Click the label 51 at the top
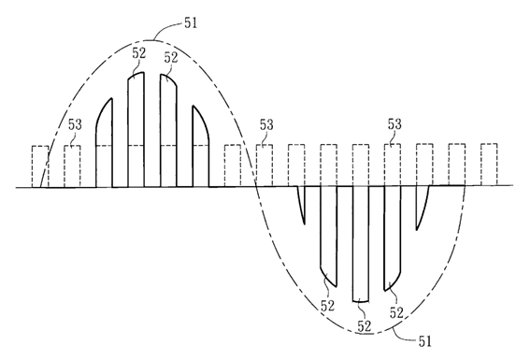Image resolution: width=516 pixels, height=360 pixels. point(191,23)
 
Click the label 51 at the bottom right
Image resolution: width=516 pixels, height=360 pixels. point(424,341)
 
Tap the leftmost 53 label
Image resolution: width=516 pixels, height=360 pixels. point(75,124)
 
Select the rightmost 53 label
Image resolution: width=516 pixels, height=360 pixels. point(394,124)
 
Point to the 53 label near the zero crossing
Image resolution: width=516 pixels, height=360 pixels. point(266,124)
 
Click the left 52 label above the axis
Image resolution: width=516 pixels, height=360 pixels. point(139,53)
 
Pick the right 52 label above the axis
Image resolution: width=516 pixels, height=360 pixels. point(171,58)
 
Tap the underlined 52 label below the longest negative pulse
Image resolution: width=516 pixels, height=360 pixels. point(365,326)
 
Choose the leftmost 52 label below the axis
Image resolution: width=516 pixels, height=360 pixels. point(327,306)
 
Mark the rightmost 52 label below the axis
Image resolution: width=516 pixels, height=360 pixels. point(396,312)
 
